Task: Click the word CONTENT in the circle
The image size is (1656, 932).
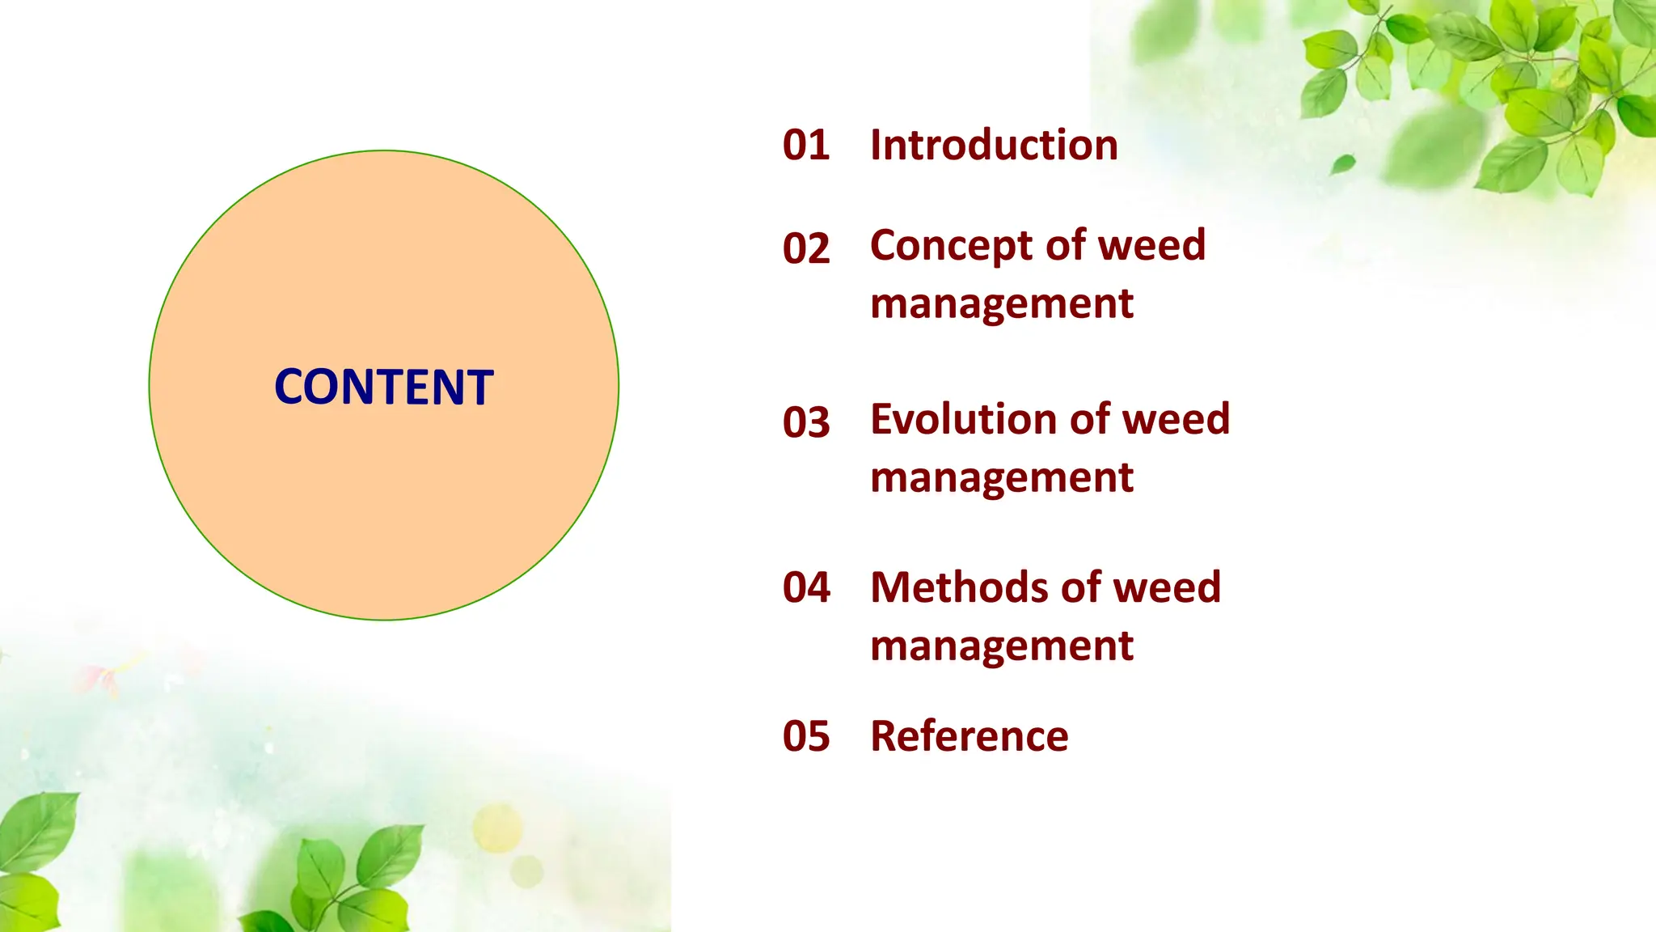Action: click(x=384, y=387)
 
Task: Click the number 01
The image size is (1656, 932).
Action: click(x=806, y=146)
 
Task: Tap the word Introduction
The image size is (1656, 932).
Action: click(x=994, y=146)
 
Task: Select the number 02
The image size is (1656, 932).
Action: click(x=806, y=248)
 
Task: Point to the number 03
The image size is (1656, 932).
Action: click(x=806, y=422)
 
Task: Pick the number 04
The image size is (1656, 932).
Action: click(x=806, y=587)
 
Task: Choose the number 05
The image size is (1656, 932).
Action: click(x=806, y=736)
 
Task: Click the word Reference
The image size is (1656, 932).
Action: click(x=969, y=736)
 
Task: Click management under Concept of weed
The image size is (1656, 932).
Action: click(x=1002, y=305)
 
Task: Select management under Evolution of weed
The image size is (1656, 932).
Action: click(x=1002, y=478)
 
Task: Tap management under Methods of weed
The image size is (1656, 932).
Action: click(x=1002, y=646)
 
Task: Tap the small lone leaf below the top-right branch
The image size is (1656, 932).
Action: click(x=1343, y=164)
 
